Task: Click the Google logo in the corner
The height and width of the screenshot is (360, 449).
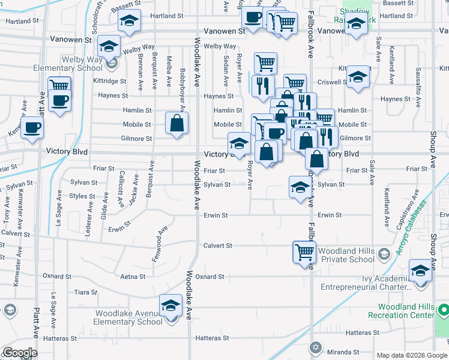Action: click(x=20, y=353)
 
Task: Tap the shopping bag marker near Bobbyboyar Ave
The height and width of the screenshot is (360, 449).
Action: click(x=176, y=124)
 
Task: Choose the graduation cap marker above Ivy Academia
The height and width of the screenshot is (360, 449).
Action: click(x=421, y=271)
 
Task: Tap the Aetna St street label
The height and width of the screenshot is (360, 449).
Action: click(x=133, y=277)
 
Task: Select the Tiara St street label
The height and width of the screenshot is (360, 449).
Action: click(x=86, y=292)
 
